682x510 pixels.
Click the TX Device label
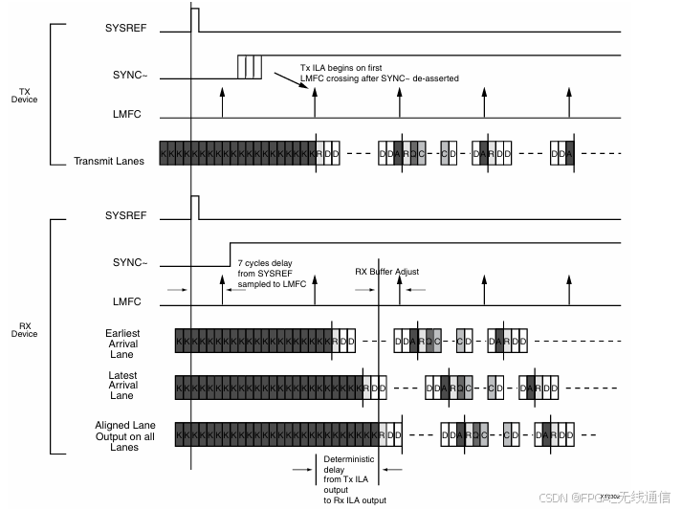(24, 96)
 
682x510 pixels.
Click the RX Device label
(24, 329)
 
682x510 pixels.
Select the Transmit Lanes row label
(109, 161)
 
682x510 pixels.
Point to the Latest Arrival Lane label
(121, 386)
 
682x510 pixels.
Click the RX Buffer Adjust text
(386, 272)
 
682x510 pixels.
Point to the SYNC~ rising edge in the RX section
(231, 253)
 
